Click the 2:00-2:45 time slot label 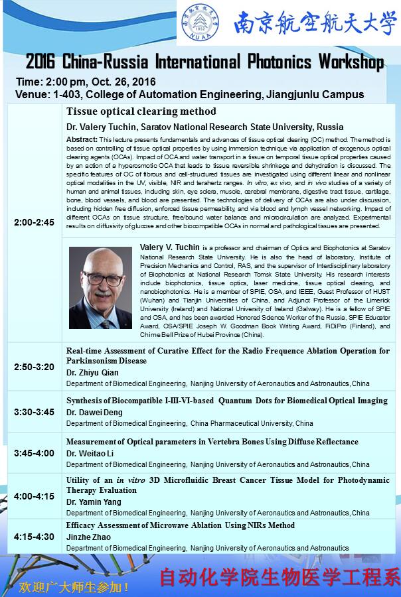pyautogui.click(x=35, y=222)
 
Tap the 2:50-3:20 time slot pyautogui.click(x=35, y=367)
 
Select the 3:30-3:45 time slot pyautogui.click(x=35, y=412)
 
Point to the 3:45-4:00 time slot pyautogui.click(x=35, y=453)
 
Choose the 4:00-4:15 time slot pyautogui.click(x=35, y=495)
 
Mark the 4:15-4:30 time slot pyautogui.click(x=35, y=536)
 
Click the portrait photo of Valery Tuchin pyautogui.click(x=100, y=288)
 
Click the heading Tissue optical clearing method pyautogui.click(x=141, y=111)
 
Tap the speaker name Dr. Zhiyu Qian pyautogui.click(x=92, y=373)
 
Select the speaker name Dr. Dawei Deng pyautogui.click(x=94, y=412)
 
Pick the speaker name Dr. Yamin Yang pyautogui.click(x=94, y=501)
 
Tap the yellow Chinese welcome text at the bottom pyautogui.click(x=74, y=587)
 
